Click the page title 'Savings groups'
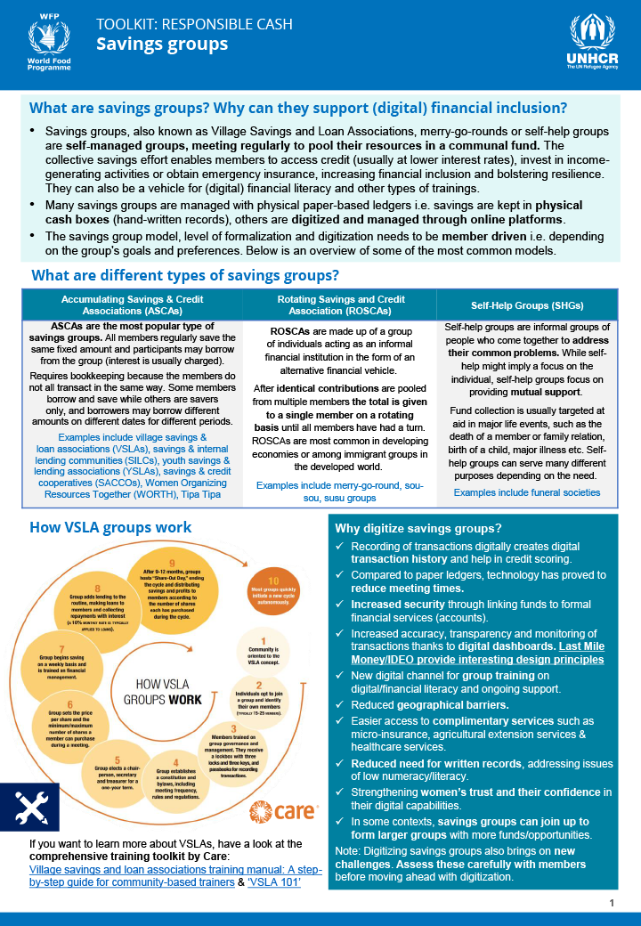coord(162,44)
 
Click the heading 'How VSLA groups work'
coord(110,527)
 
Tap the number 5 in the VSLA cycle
coord(117,759)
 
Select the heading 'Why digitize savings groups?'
coord(418,528)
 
